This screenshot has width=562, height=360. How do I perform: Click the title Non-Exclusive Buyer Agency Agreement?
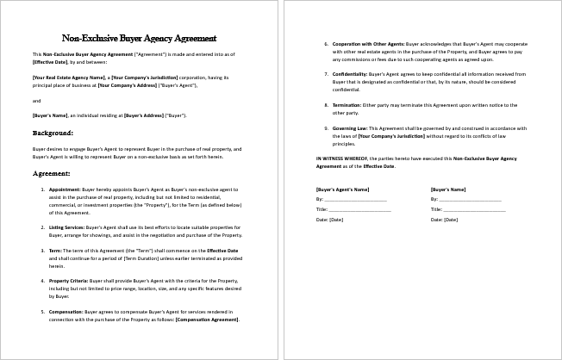coord(139,38)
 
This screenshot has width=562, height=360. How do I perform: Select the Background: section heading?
coord(53,133)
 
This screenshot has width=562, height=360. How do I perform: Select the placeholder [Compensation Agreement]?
coord(207,320)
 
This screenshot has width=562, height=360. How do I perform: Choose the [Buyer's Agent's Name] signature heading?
coord(343,188)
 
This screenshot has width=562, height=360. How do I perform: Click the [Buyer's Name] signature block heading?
coord(449,188)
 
